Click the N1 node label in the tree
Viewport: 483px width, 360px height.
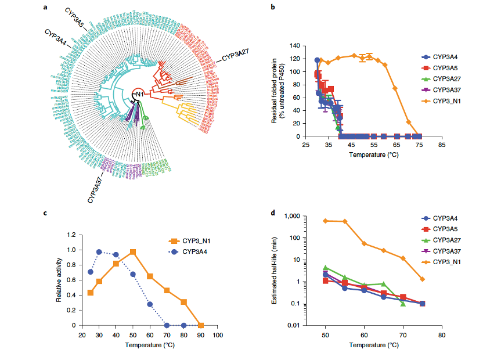click(x=139, y=95)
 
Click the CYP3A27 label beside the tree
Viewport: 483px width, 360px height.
click(x=236, y=55)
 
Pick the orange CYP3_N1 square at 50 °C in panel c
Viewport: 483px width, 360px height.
click(x=133, y=252)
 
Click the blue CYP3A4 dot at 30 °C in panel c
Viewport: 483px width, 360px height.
click(x=99, y=252)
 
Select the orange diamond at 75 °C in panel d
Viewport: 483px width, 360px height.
click(x=422, y=279)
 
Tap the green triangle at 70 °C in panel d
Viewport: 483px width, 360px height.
click(x=403, y=304)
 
